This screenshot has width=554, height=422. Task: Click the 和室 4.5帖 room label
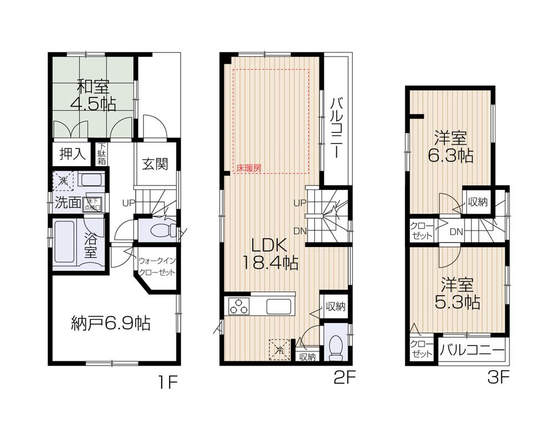click(93, 95)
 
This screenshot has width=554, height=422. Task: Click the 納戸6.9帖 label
click(111, 322)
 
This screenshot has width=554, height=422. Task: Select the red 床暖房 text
click(249, 167)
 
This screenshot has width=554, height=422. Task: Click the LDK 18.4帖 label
click(269, 254)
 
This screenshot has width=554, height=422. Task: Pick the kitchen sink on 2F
click(279, 306)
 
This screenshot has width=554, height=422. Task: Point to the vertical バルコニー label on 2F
click(336, 128)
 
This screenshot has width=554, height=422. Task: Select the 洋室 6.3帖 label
click(450, 146)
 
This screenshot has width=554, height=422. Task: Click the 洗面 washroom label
click(67, 202)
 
